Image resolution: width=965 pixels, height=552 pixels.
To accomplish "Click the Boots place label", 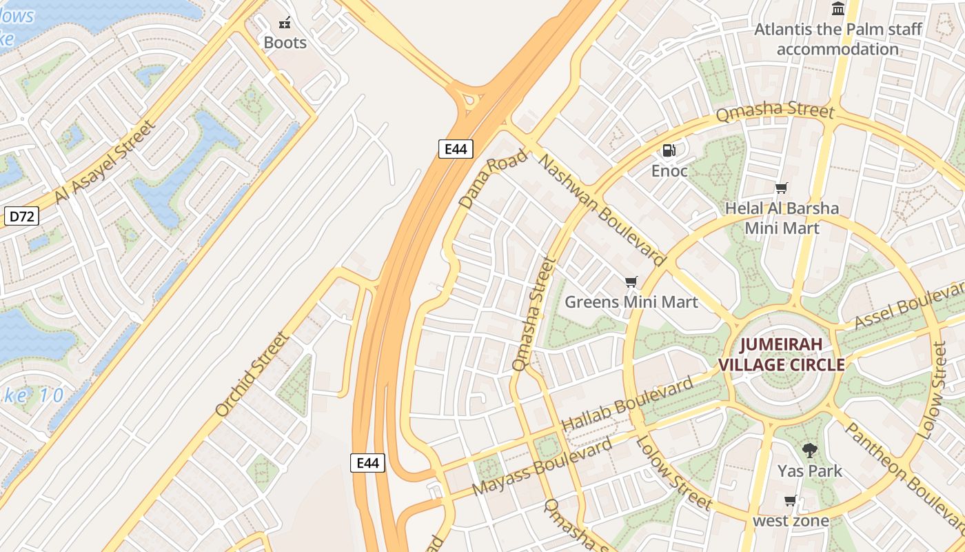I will [285, 43].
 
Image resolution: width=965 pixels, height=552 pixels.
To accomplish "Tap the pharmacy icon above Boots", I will [285, 23].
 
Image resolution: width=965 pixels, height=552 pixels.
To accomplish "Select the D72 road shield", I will [21, 216].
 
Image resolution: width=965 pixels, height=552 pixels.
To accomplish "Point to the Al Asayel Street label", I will [105, 163].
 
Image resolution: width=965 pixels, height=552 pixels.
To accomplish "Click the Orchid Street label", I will [251, 375].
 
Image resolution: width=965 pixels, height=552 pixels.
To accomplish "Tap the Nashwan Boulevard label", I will [602, 210].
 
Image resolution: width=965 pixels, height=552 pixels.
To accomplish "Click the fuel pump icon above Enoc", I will [669, 150].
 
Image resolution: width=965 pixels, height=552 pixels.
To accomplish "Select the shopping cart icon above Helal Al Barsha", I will [781, 188].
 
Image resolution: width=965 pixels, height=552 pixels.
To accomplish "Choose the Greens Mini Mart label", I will [631, 302].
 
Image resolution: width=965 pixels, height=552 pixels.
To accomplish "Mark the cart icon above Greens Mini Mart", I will [631, 282].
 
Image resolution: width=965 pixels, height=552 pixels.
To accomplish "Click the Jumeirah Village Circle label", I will [782, 354].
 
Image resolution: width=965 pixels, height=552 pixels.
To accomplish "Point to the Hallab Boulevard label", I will [627, 406].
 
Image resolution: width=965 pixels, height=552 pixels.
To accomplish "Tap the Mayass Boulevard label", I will [543, 466].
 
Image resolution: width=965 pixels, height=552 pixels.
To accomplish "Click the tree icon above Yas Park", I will [810, 451].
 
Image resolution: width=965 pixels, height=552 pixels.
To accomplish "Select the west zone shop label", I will [791, 521].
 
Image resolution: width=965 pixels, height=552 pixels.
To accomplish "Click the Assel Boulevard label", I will [908, 305].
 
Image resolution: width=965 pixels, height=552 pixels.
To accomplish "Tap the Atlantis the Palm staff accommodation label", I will [838, 39].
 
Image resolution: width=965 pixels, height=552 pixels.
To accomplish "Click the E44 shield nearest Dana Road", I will [456, 148].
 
